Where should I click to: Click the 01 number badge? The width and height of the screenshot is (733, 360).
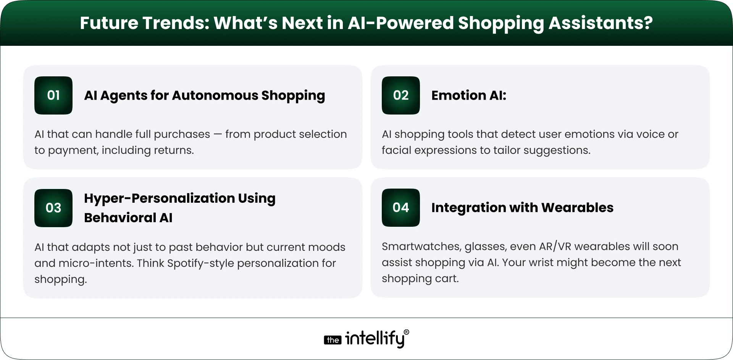tap(53, 95)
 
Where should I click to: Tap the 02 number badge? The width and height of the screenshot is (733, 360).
tap(400, 95)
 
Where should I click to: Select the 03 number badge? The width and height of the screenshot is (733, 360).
tap(53, 208)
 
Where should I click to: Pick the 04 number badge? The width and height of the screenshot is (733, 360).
tap(400, 208)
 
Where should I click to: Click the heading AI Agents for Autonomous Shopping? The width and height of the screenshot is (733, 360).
tap(204, 95)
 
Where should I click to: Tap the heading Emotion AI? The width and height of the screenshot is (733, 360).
tap(468, 95)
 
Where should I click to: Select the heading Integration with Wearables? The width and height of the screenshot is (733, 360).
tap(522, 208)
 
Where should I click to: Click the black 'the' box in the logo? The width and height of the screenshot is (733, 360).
tap(333, 340)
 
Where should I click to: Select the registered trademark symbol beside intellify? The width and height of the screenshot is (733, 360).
tap(406, 333)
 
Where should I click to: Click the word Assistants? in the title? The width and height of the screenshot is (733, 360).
tap(600, 23)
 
